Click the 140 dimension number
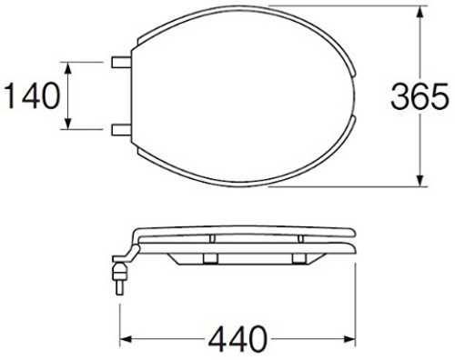coord(33,96)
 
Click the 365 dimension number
coord(420,96)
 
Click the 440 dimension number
coord(238,338)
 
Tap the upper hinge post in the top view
coord(121,63)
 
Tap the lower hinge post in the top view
coord(121,130)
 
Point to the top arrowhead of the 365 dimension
coord(420,12)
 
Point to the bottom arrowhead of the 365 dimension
coord(420,180)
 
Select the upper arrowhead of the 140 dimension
coord(68,68)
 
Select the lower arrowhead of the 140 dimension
coord(68,123)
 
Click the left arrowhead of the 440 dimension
coord(126,339)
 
